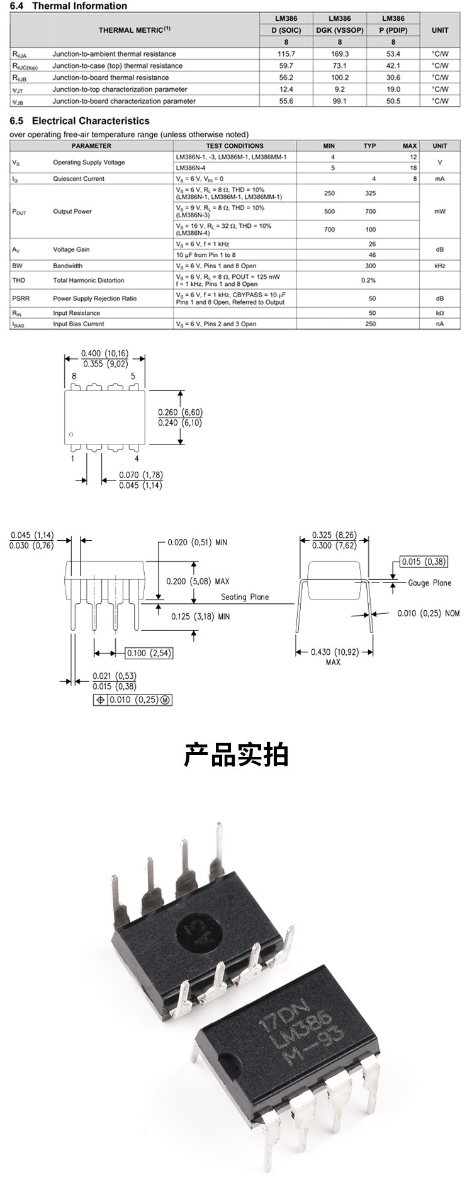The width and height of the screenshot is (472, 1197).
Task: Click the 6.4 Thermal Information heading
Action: click(69, 6)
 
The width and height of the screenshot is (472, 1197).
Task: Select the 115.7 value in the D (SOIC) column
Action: click(286, 54)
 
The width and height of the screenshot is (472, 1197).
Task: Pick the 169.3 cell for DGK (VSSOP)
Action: click(340, 54)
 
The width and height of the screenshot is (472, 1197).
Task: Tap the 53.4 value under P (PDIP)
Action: click(393, 54)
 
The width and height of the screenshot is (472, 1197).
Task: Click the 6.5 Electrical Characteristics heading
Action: click(80, 121)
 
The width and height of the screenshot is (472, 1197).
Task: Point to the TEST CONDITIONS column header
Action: click(235, 146)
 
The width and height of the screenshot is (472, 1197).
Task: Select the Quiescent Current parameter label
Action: click(79, 179)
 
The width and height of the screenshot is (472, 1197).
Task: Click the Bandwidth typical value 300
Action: click(370, 266)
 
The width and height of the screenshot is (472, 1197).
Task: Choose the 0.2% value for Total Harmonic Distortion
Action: click(369, 280)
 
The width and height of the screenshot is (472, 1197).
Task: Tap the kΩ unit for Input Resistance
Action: click(439, 313)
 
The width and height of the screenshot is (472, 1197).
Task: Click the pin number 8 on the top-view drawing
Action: click(74, 377)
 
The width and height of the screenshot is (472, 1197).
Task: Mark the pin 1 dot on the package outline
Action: click(72, 434)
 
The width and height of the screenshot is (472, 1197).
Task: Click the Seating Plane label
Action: click(245, 597)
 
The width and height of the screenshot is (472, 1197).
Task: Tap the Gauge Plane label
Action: click(430, 583)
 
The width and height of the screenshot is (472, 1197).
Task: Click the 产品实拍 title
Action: click(236, 754)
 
